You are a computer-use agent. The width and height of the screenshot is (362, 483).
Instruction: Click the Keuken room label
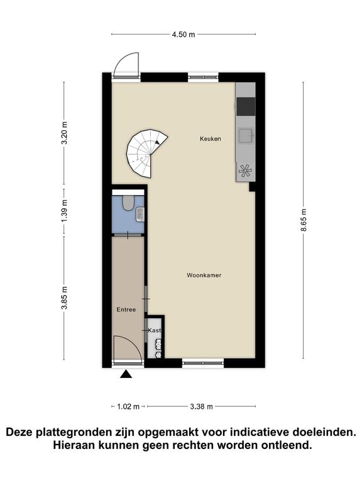211,139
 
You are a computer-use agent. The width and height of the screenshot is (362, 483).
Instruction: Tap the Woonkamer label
204,275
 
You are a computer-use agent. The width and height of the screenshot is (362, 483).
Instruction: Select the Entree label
126,309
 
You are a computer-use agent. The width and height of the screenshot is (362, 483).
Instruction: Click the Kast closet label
155,331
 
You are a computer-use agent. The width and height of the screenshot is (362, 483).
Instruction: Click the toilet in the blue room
128,203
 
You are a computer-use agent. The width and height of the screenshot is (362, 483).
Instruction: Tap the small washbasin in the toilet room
140,214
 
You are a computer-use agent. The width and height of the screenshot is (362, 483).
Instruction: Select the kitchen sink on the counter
246,136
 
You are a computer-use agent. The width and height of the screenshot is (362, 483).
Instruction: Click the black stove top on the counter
246,106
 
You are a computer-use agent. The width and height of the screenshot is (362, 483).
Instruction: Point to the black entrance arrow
126,374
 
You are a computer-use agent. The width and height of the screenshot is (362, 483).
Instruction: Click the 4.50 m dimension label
184,35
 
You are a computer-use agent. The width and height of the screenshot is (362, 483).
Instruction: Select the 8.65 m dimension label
304,220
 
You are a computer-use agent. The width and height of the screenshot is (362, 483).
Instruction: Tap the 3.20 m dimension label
64,133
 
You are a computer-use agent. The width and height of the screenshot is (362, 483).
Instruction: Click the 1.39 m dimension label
64,211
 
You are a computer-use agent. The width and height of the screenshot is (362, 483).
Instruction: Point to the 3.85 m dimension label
64,298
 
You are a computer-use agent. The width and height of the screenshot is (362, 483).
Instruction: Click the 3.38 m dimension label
201,407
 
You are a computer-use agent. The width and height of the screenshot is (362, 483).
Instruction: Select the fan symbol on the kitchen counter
245,170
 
